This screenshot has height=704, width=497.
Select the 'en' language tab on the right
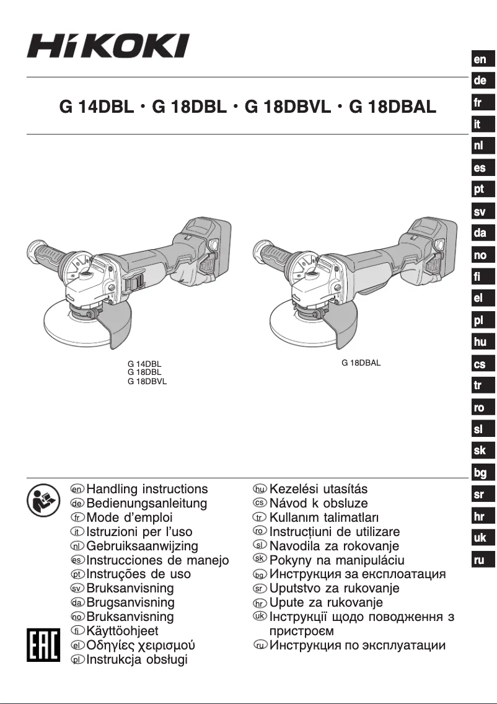tap(480, 59)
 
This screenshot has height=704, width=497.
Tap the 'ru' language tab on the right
tap(480, 560)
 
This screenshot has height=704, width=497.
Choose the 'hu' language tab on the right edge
tap(480, 342)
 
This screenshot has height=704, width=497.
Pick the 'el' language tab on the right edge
tap(480, 298)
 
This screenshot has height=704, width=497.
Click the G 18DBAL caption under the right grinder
tap(361, 363)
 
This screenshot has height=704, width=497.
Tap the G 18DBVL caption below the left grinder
tap(147, 382)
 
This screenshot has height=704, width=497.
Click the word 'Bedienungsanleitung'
tap(147, 504)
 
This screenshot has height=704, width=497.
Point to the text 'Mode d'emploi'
tap(130, 517)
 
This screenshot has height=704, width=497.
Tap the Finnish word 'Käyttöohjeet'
tap(122, 631)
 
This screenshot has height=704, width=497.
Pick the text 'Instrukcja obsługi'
tap(136, 660)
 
